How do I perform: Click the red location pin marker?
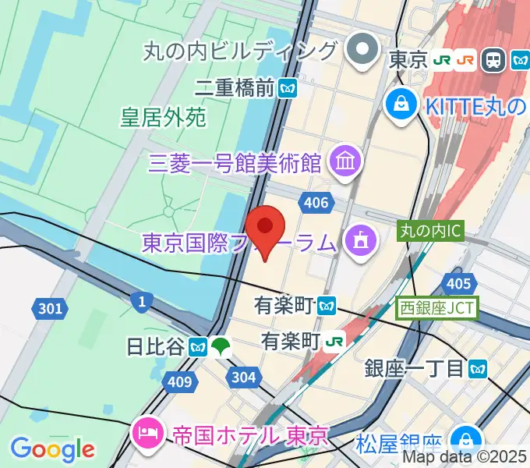coord(265,231)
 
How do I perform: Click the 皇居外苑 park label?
coord(163,118)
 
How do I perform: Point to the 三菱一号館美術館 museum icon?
coord(343,162)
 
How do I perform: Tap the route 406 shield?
coord(316,203)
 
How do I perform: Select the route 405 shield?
coord(459,284)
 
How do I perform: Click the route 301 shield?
coord(50,309)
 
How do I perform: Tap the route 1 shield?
coord(141,300)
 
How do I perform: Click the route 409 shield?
coord(178,381)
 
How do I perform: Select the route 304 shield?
coord(242,378)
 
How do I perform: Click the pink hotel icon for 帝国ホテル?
coord(146,430)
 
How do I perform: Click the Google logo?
coord(51,448)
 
